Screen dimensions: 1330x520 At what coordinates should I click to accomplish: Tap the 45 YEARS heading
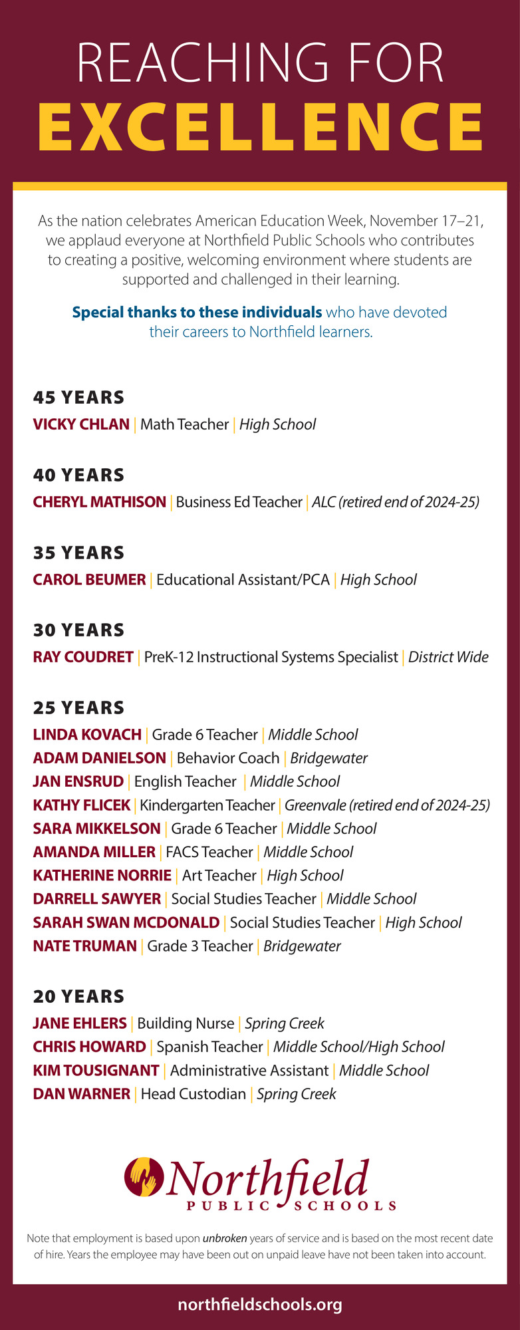[78, 398]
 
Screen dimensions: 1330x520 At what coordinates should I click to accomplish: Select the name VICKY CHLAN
[81, 424]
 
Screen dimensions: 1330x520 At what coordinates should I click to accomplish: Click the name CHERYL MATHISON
[100, 502]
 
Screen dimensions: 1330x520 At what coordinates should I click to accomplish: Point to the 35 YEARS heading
[78, 553]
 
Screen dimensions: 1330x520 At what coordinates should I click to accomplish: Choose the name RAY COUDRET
[83, 657]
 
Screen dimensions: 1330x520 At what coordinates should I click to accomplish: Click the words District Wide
[448, 657]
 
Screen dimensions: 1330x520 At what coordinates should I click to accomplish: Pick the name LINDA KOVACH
[87, 735]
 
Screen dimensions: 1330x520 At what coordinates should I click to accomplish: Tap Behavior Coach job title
[228, 758]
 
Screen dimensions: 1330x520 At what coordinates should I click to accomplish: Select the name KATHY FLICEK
[82, 805]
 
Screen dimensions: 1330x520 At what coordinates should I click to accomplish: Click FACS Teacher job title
[209, 852]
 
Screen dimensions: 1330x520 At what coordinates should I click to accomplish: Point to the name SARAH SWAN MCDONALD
[126, 922]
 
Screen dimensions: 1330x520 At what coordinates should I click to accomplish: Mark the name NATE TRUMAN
[84, 946]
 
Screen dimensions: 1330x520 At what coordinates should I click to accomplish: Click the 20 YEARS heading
[78, 997]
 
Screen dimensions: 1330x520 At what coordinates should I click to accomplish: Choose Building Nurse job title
[186, 1023]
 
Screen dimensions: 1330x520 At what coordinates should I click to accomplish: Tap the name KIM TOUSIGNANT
[96, 1070]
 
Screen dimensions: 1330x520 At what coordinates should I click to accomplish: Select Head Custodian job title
[194, 1094]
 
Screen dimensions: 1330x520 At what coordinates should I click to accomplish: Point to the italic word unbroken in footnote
[225, 1238]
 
